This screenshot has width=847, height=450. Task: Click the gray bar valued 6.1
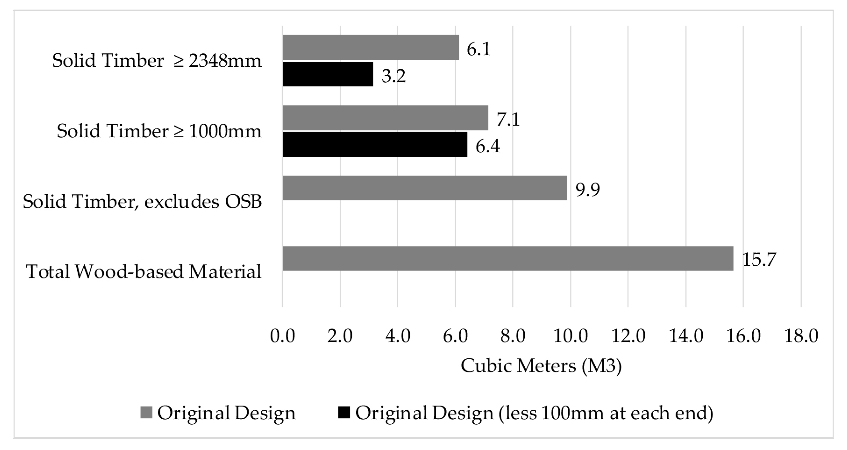(370, 47)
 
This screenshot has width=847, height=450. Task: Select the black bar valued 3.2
(328, 74)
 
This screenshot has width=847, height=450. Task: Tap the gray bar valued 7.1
(385, 118)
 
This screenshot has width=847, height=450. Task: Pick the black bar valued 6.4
(375, 145)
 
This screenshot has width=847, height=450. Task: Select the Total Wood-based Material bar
(508, 259)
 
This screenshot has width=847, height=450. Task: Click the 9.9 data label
(587, 189)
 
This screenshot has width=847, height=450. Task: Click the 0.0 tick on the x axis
(282, 336)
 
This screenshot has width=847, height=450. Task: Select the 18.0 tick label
(801, 336)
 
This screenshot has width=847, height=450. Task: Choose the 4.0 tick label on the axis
(398, 336)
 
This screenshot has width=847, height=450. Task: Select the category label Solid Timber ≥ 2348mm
(157, 61)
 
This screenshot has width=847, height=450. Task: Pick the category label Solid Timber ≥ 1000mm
(159, 131)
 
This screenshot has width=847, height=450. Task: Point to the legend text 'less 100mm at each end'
(605, 413)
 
